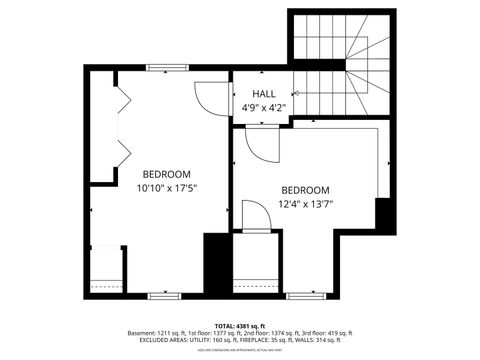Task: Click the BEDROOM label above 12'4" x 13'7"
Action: point(305,190)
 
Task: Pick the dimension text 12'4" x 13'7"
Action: point(305,205)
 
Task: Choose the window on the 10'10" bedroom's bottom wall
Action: point(162,296)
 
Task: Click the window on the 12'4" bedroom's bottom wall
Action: point(301,296)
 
